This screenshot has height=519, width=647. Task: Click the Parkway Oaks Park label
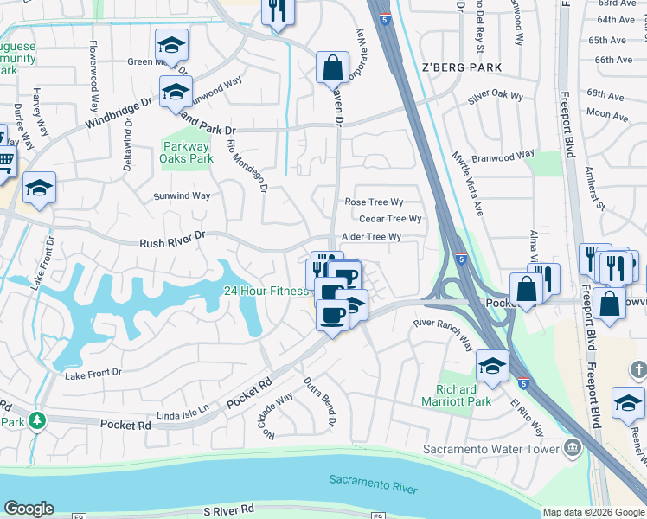pyautogui.click(x=188, y=152)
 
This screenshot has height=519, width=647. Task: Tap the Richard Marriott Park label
pyautogui.click(x=456, y=395)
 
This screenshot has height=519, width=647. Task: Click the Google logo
pyautogui.click(x=29, y=509)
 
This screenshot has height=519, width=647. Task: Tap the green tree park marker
pyautogui.click(x=36, y=420)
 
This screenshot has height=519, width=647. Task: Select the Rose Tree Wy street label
pyautogui.click(x=374, y=202)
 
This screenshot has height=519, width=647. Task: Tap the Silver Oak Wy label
pyautogui.click(x=496, y=97)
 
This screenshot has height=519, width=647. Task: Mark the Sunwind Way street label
pyautogui.click(x=182, y=195)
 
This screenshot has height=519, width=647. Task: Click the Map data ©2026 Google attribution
pyautogui.click(x=593, y=512)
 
